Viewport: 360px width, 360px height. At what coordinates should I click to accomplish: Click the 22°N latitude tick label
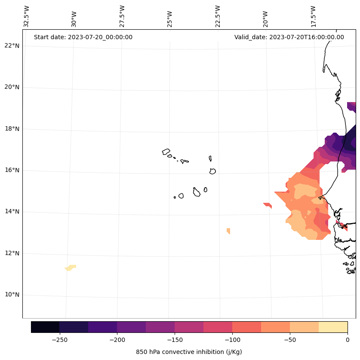tap(12, 46)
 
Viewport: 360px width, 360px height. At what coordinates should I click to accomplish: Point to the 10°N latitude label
tap(12, 295)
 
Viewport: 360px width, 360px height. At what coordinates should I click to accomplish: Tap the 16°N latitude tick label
tap(12, 171)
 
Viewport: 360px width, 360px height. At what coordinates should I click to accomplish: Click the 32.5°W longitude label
tap(27, 16)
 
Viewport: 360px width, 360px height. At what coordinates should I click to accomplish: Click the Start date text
tap(83, 37)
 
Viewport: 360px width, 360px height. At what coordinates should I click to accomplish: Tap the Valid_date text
tap(289, 37)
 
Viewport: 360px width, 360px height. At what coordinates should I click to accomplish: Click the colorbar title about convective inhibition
tap(189, 352)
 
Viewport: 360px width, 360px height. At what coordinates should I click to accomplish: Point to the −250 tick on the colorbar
tap(59, 340)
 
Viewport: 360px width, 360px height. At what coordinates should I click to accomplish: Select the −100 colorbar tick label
tap(232, 340)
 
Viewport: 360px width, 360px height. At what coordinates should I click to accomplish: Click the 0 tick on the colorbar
tap(347, 340)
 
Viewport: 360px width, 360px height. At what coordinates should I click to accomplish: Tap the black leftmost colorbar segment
tap(45, 327)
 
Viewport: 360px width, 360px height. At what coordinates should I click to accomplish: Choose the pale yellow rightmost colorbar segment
tap(333, 327)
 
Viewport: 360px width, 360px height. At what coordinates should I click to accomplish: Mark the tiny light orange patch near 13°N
tap(228, 231)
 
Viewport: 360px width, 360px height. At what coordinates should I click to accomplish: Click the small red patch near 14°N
tap(268, 205)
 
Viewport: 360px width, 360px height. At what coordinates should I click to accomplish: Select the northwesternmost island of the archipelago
tap(166, 152)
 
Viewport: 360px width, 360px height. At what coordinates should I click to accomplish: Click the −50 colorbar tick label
tap(290, 340)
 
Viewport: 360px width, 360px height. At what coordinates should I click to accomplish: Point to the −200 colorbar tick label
tap(117, 340)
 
